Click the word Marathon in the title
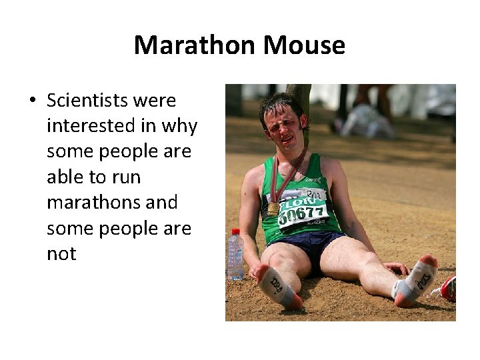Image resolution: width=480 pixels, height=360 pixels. (x=195, y=45)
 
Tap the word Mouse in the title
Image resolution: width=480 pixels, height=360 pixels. (x=304, y=45)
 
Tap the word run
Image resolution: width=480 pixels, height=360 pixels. (x=126, y=177)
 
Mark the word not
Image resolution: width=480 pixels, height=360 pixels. (x=61, y=253)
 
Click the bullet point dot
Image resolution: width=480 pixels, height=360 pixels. (x=32, y=101)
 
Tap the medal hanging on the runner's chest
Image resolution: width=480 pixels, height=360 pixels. (x=273, y=209)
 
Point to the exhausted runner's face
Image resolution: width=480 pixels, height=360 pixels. (x=283, y=126)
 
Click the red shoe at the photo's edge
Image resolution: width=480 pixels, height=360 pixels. (x=448, y=289)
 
